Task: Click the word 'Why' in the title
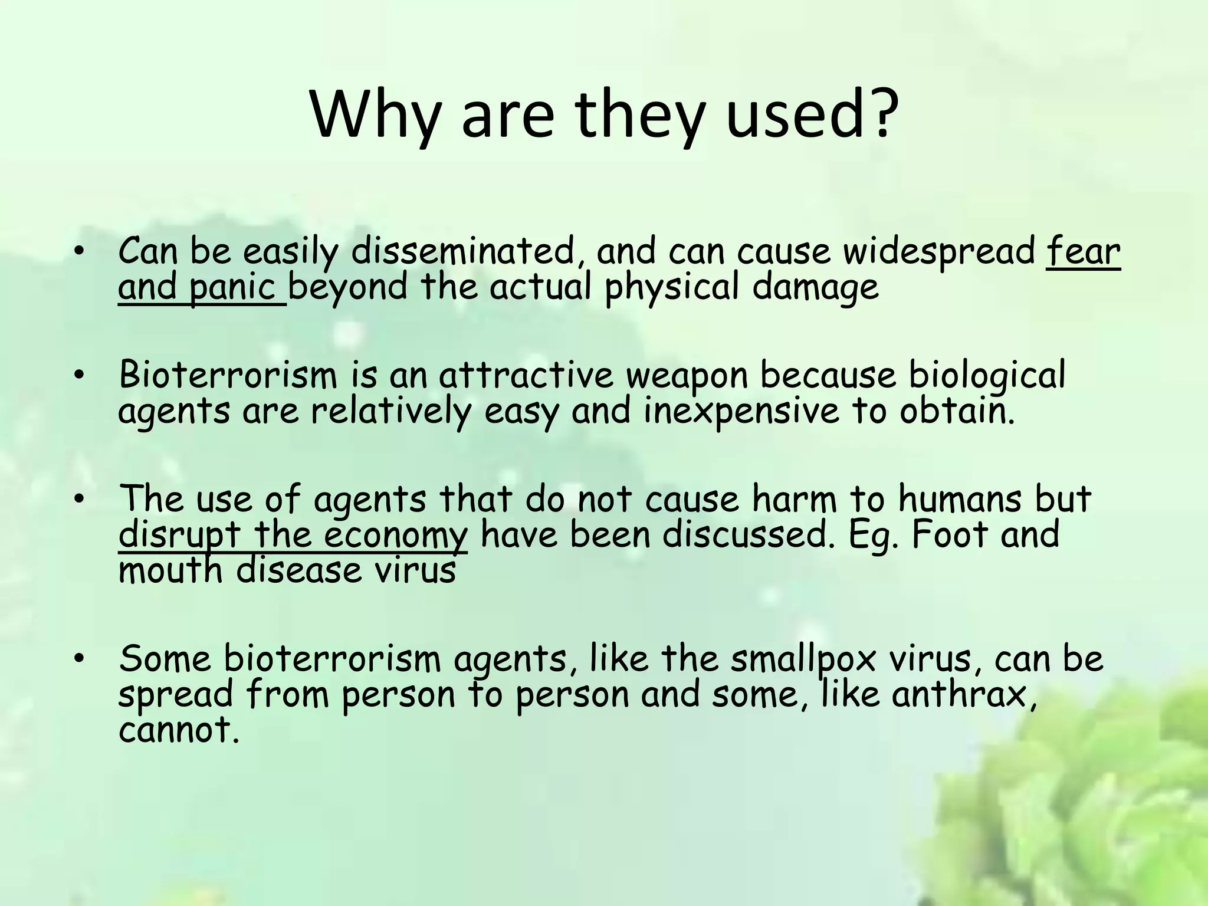[x=375, y=115]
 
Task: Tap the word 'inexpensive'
[x=741, y=411]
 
